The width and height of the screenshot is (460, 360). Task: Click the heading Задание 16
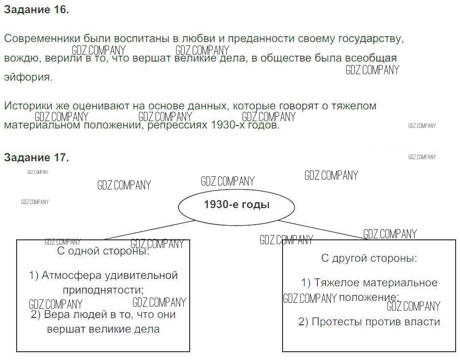point(36,11)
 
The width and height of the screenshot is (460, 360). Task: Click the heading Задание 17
point(36,157)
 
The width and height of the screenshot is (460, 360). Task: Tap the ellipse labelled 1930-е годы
point(237,205)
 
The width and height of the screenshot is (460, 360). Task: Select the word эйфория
point(27,77)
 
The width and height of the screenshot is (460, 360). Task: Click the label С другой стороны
point(369,258)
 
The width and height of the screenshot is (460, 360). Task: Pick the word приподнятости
point(103,290)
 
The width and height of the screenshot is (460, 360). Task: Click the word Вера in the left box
point(56,315)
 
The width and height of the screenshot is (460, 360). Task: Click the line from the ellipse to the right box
point(323,230)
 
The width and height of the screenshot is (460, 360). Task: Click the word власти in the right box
point(423,322)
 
